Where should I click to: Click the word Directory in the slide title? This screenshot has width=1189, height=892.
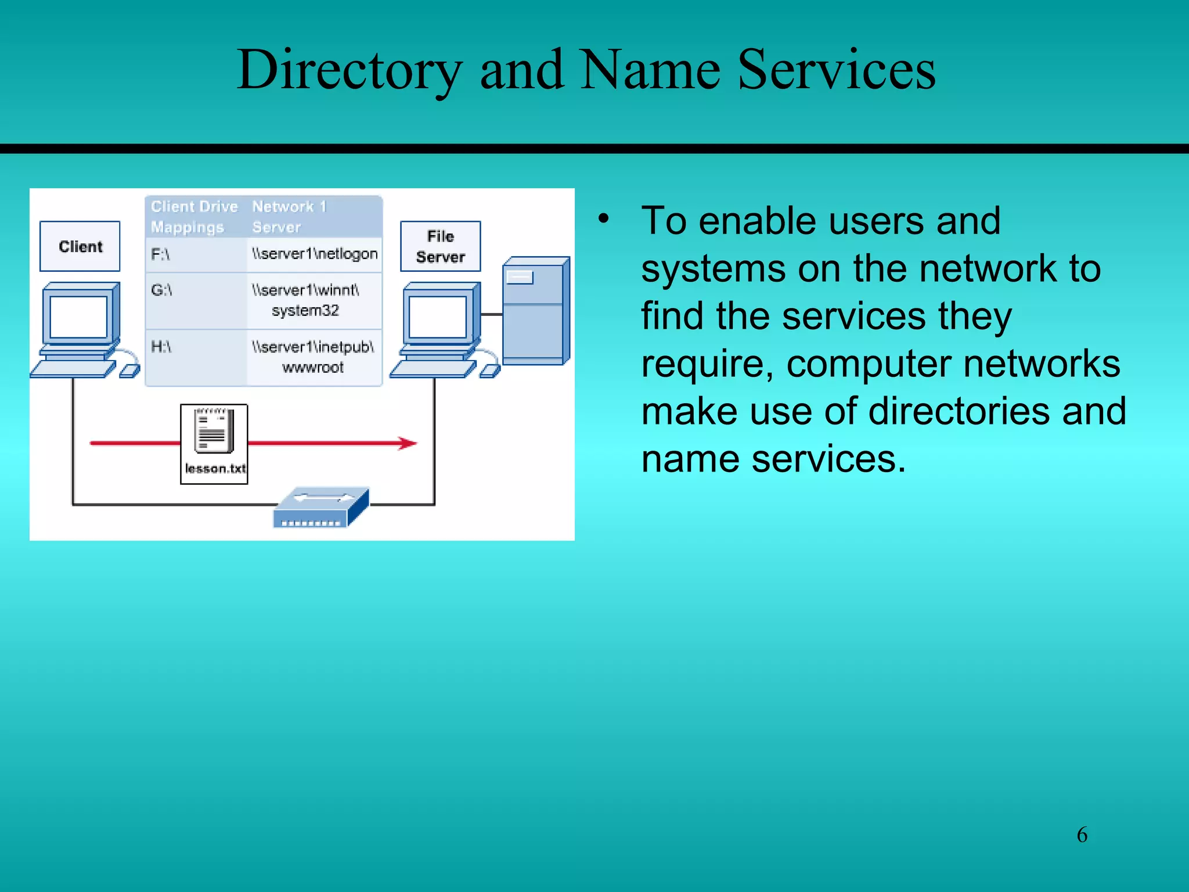pos(349,70)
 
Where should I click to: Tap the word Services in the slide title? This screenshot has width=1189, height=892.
pos(837,70)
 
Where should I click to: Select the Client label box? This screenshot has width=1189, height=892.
pos(80,246)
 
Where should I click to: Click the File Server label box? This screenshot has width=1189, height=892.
pos(441,246)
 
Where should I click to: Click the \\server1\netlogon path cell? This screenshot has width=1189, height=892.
pos(315,254)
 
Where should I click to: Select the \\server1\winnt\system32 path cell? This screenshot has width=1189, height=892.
pos(315,300)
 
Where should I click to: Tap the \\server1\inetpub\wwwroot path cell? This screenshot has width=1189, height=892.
pos(315,357)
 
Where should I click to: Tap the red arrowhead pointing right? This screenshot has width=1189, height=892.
pos(408,444)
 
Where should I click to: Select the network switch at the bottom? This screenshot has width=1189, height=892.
pos(320,508)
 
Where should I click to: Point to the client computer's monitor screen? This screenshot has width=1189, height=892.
pos(78,316)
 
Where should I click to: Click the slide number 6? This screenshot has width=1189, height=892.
pos(1082,835)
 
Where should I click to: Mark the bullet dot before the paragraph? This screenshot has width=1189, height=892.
pos(604,219)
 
